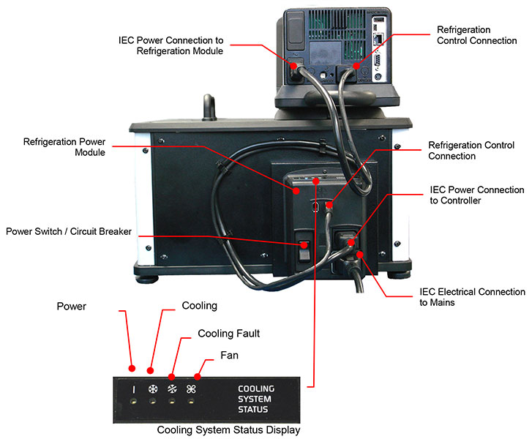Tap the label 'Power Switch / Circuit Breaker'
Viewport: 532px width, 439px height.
(x=69, y=232)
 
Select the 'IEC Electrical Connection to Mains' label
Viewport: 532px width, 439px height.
(x=472, y=296)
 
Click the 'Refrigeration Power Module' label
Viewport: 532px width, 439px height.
(x=64, y=146)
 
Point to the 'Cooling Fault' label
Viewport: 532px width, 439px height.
(x=229, y=334)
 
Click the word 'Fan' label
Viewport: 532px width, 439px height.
(x=228, y=356)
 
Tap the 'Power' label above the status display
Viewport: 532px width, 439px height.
(x=71, y=307)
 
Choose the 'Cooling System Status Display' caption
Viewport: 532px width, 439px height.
(x=228, y=430)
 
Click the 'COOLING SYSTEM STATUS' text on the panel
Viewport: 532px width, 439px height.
(x=255, y=399)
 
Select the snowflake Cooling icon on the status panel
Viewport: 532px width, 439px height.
(x=153, y=390)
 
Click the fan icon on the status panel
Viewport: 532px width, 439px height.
(x=192, y=390)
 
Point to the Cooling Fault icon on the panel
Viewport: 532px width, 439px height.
(x=172, y=390)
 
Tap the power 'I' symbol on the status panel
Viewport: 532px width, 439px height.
(x=134, y=390)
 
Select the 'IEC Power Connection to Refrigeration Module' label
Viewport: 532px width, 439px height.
(x=170, y=45)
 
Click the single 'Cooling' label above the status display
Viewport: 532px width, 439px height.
(x=199, y=306)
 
